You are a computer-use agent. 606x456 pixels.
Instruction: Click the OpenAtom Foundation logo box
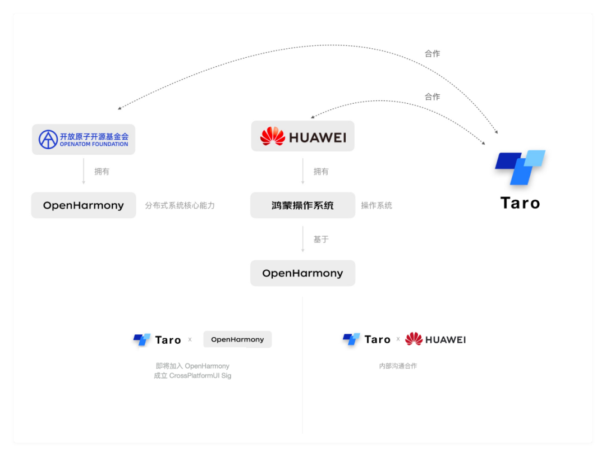tap(84, 139)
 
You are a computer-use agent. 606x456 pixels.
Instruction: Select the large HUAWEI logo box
tap(302, 136)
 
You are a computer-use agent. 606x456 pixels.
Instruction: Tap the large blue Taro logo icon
tap(520, 167)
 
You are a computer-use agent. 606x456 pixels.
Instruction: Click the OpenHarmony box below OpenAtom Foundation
tap(84, 205)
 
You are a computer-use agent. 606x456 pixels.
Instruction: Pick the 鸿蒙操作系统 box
tap(302, 205)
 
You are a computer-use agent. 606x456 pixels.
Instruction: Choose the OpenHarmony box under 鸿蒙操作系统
tap(302, 273)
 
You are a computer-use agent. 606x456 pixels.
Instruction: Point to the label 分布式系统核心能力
tap(180, 205)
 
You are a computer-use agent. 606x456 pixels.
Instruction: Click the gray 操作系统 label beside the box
tap(377, 205)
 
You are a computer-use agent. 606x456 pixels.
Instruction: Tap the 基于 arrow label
tap(321, 239)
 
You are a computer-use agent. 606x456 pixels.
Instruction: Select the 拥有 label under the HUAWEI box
tap(321, 172)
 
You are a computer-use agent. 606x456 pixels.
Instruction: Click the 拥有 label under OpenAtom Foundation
tap(102, 172)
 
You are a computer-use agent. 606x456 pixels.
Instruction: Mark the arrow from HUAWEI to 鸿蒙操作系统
tap(303, 171)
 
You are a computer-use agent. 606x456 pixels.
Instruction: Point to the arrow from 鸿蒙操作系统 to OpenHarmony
tap(303, 239)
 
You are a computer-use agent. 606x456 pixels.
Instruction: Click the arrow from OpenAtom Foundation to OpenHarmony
tap(84, 171)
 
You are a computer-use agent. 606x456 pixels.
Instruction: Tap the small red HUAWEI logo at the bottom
tap(435, 339)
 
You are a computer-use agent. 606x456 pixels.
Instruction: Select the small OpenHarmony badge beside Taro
tap(237, 339)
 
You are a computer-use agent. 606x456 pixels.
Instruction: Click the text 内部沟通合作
tap(398, 366)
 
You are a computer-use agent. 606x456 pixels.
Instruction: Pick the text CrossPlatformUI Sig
tap(200, 376)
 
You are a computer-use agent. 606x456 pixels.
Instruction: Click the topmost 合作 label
tap(432, 54)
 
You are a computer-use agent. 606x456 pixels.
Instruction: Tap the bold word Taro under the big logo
tap(520, 203)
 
